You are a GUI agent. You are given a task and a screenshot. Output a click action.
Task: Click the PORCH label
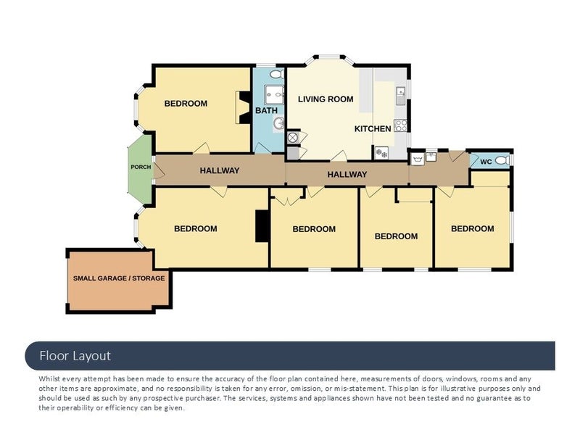click(141, 167)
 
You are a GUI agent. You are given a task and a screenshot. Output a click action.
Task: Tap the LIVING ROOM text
click(326, 99)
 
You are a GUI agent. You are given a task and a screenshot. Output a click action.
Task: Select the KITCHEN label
click(373, 129)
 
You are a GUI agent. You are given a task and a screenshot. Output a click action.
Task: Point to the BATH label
click(266, 110)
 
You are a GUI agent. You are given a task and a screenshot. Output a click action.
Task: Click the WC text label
click(486, 162)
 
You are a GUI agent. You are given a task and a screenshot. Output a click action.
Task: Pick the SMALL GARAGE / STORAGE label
click(119, 278)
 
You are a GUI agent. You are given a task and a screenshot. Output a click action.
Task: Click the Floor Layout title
click(75, 356)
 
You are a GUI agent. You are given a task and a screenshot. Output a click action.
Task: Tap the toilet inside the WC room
click(502, 160)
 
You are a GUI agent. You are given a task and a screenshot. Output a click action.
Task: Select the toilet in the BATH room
click(277, 74)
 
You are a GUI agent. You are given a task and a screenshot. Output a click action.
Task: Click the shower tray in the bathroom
click(274, 95)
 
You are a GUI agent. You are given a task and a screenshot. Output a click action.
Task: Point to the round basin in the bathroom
click(278, 123)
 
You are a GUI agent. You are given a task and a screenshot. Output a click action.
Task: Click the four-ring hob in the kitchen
click(400, 125)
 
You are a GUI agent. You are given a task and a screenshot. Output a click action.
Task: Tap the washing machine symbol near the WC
click(418, 159)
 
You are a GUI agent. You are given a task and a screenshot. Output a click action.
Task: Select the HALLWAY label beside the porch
click(220, 170)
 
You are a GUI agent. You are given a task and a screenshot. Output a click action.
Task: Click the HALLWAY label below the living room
click(347, 174)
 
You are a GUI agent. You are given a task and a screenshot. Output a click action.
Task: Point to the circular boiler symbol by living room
click(293, 138)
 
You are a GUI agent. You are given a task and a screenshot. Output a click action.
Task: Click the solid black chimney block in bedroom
click(262, 226)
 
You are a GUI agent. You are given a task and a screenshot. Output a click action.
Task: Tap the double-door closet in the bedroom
click(287, 196)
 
